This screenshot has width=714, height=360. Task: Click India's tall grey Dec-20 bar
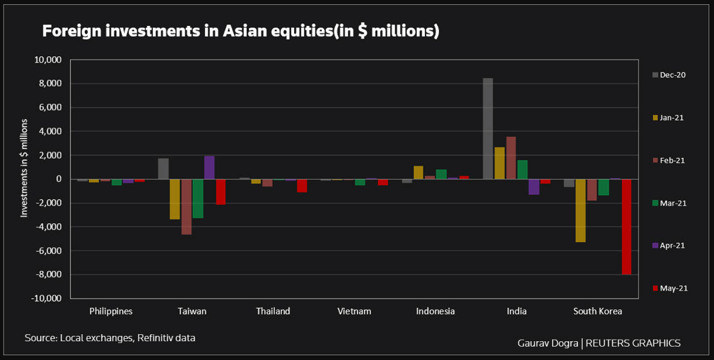487,128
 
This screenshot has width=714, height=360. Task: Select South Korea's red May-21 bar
626,226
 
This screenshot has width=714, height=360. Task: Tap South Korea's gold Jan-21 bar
580,210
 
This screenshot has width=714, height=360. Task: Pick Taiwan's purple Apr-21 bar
209,168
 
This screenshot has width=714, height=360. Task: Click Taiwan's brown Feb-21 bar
186,206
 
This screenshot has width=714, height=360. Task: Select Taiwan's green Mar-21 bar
198,198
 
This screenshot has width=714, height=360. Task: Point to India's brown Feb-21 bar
511,158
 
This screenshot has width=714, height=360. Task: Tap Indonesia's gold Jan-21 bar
418,172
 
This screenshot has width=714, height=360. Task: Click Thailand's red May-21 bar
302,185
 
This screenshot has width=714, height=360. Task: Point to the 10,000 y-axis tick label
49,60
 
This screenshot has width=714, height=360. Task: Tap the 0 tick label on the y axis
59,179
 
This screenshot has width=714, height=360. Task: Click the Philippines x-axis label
111,311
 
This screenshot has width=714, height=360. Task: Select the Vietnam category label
354,311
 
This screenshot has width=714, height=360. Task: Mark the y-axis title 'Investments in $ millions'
25,167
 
